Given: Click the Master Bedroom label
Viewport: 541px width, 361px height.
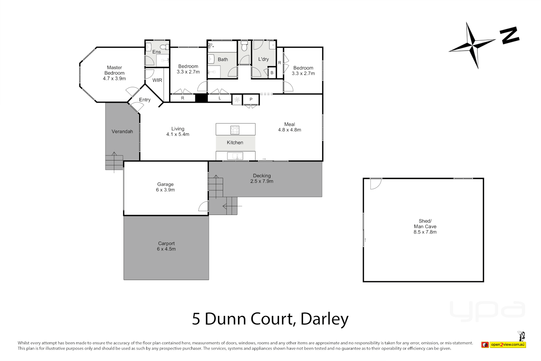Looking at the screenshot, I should [114, 73].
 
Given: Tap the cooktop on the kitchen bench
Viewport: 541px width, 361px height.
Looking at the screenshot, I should [235, 130].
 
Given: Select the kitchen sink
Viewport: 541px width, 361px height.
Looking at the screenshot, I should [235, 156].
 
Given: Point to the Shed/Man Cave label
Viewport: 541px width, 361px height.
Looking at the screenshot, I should [425, 226].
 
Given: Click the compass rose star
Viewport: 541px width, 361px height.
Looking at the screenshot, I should [473, 45].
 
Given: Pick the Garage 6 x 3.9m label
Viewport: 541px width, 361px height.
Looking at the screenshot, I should [165, 187].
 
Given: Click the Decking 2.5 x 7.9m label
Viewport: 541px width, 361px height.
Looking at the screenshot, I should [262, 178].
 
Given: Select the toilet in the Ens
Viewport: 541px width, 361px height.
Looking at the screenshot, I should [165, 47].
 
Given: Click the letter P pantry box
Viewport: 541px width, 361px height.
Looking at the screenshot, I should [251, 99].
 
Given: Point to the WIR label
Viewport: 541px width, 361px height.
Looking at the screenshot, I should [157, 80].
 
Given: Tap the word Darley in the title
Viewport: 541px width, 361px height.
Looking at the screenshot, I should [324, 319].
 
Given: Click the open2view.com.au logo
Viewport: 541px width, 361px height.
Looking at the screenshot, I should [504, 344].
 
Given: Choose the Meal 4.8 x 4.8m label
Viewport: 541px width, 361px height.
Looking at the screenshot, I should [290, 127].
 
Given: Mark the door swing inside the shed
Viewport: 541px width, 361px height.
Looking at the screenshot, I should [376, 184].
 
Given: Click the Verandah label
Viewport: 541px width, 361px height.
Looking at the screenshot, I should [122, 131].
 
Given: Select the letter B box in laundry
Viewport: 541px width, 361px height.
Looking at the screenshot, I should [272, 73].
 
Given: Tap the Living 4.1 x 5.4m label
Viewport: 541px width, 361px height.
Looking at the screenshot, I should [178, 131].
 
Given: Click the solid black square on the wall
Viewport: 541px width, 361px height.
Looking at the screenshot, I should [201, 98].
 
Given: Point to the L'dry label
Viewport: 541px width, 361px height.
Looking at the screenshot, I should [263, 59].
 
